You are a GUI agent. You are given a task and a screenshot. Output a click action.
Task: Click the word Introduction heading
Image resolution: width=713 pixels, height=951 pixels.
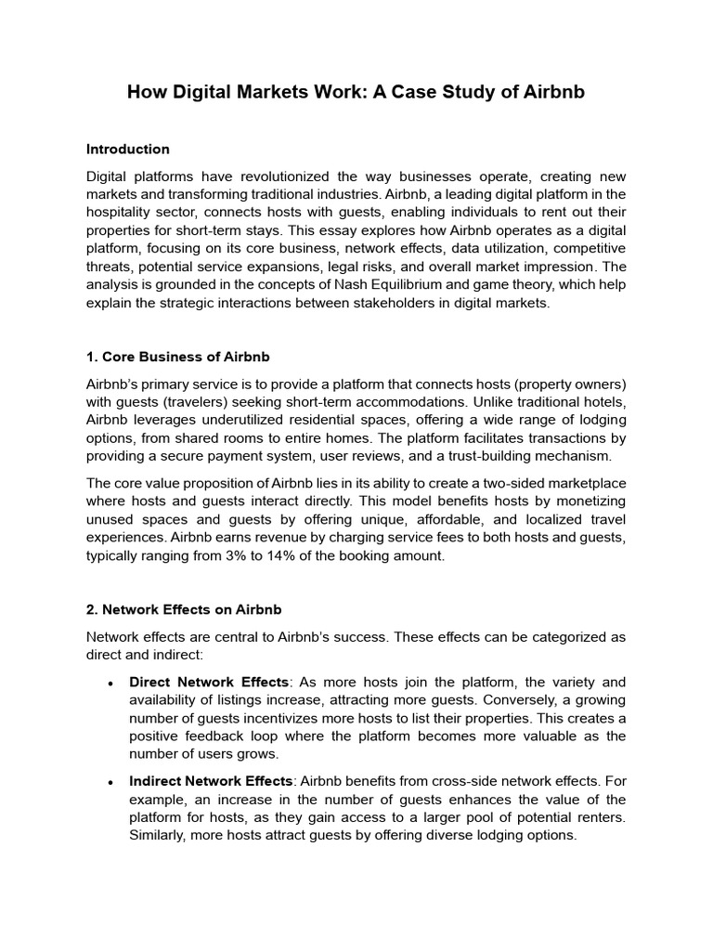(128, 149)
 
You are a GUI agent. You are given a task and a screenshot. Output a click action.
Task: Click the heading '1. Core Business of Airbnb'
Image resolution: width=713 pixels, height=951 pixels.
(177, 357)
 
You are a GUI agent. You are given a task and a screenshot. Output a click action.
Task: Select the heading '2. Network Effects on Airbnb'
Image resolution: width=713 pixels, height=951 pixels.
(184, 609)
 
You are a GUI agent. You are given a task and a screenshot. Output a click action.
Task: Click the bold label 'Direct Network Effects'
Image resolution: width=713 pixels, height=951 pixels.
(210, 683)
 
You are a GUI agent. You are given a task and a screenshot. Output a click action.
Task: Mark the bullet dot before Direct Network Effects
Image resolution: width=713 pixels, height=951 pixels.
(110, 684)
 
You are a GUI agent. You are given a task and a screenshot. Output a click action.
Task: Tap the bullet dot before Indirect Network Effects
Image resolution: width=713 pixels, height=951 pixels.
(110, 783)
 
